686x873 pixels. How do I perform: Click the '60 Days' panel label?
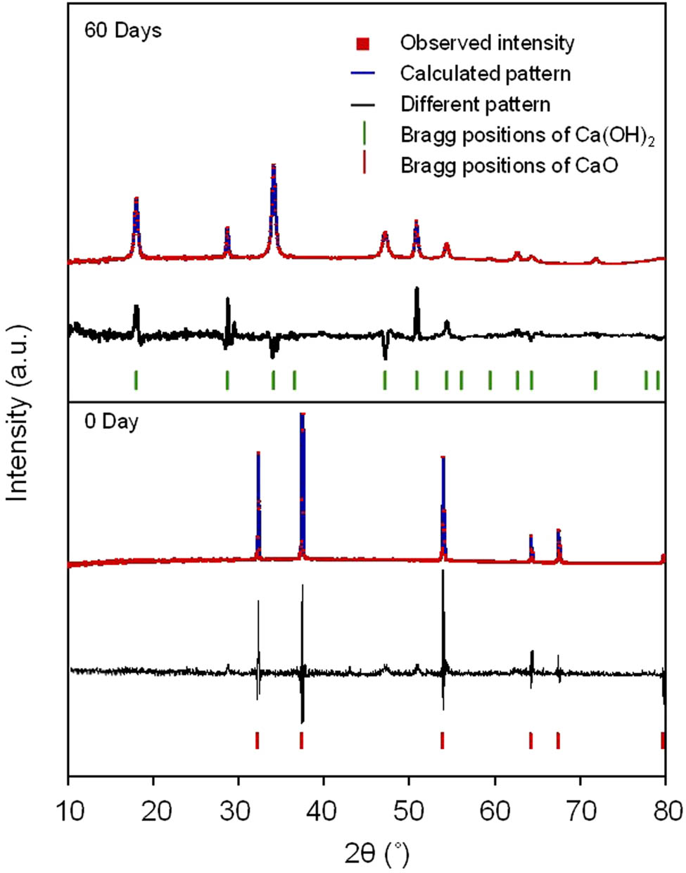pyautogui.click(x=122, y=31)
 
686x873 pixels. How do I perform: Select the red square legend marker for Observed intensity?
pyautogui.click(x=363, y=44)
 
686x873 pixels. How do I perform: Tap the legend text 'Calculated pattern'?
pyautogui.click(x=485, y=73)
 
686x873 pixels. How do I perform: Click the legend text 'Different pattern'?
pyautogui.click(x=475, y=104)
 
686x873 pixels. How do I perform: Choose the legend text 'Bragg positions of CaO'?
pyautogui.click(x=509, y=165)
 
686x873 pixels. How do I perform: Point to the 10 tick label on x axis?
pyautogui.click(x=69, y=811)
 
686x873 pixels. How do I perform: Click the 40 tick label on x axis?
pyautogui.click(x=324, y=811)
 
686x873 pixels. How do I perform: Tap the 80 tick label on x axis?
pyautogui.click(x=664, y=811)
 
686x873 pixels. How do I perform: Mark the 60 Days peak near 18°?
pyautogui.click(x=136, y=201)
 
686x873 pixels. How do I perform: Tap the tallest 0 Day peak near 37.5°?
pyautogui.click(x=302, y=417)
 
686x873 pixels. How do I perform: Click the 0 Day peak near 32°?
pyautogui.click(x=258, y=454)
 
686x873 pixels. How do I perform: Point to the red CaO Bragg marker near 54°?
pyautogui.click(x=442, y=741)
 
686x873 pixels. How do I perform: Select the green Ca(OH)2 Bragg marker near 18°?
pyautogui.click(x=136, y=379)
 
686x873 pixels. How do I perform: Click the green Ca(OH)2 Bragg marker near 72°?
pyautogui.click(x=595, y=379)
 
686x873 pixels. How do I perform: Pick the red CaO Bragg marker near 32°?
pyautogui.click(x=258, y=741)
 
